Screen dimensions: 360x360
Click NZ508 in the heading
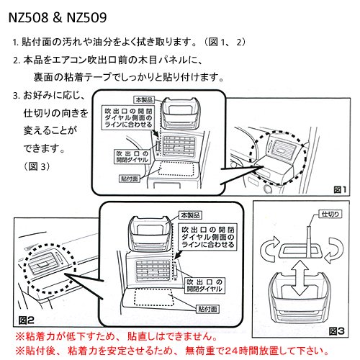[29, 17]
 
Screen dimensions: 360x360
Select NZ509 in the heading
[86, 17]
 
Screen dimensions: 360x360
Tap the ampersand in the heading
[58, 17]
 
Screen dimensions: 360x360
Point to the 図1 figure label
[340, 190]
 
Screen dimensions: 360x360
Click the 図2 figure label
[26, 320]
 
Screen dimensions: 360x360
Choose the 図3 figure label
[337, 331]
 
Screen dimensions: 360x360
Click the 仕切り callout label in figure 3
[330, 214]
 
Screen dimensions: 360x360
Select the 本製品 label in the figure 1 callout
[144, 99]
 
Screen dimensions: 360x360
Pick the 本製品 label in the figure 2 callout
[190, 215]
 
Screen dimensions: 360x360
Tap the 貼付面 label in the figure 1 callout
[130, 179]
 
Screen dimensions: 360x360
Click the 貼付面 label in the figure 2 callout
[208, 309]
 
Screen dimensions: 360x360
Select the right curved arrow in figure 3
[334, 251]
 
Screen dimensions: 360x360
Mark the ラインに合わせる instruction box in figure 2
[207, 237]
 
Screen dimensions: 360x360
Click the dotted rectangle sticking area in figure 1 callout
[176, 168]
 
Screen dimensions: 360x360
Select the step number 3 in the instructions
[16, 96]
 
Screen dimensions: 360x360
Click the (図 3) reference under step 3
[37, 166]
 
